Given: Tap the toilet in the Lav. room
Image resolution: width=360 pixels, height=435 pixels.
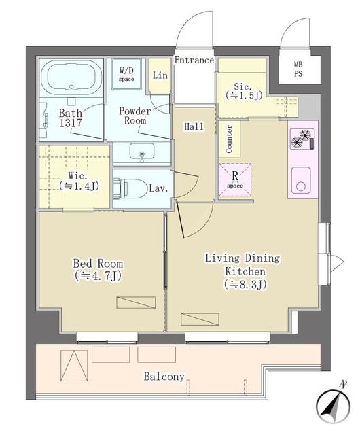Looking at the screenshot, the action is (x=130, y=189).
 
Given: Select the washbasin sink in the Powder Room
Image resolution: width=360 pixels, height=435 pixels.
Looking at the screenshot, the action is (x=142, y=152).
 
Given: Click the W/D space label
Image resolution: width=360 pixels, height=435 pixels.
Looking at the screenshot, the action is (x=126, y=74).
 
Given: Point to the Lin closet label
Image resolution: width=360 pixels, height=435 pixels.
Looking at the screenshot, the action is (x=160, y=75).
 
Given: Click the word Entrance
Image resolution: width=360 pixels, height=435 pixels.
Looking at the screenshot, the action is (x=194, y=60).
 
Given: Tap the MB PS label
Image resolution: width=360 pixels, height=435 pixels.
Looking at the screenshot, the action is (x=298, y=69).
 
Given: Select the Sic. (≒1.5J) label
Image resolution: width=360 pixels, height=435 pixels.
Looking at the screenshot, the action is (x=244, y=90).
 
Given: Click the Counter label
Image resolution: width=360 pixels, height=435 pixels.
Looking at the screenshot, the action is (x=229, y=139).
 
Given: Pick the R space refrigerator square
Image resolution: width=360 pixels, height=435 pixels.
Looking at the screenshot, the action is (x=235, y=180).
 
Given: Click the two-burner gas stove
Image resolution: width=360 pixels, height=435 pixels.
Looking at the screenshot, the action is (x=302, y=139).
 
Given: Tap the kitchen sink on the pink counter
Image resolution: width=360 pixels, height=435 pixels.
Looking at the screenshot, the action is (x=301, y=180).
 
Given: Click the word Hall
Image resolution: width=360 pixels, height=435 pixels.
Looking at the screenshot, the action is (x=194, y=126).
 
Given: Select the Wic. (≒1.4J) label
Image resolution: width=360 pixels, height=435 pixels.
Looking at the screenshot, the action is (x=79, y=181).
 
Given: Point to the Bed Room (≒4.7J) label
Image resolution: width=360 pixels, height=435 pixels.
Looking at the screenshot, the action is (x=98, y=269).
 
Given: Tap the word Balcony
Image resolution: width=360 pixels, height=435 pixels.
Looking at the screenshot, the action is (x=164, y=377).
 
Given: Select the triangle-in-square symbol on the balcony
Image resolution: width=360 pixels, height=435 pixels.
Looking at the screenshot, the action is (x=74, y=366).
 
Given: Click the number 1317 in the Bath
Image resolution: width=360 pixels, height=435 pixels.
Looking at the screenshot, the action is (x=71, y=123).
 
